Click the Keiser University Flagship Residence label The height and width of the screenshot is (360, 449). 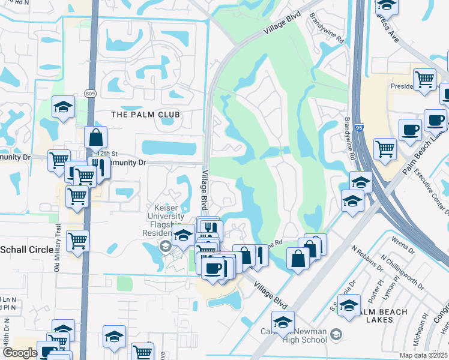[x=166, y=220]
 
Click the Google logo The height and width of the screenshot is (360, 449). [x=20, y=353]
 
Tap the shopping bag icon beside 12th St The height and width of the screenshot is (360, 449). [x=95, y=138]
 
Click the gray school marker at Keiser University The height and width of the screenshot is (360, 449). [x=163, y=245]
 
